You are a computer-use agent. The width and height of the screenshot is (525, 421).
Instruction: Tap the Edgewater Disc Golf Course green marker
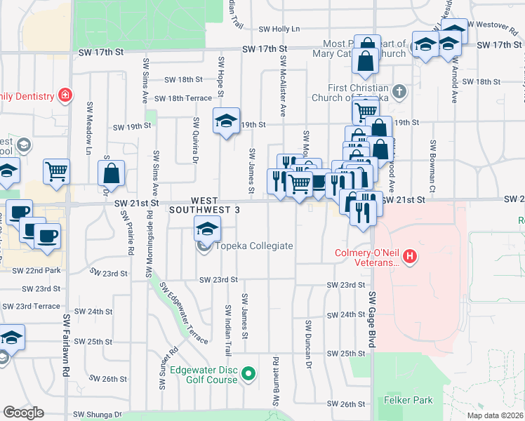248,375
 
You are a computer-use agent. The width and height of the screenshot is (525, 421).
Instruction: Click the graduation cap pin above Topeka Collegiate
207,228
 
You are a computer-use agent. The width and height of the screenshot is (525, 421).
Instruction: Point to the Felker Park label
408,400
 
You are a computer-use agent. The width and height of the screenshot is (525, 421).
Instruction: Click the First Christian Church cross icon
399,91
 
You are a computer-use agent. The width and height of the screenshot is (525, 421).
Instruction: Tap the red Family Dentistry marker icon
65,95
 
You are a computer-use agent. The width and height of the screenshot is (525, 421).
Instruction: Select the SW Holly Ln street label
279,29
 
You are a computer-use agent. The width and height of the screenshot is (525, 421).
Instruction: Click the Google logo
23,413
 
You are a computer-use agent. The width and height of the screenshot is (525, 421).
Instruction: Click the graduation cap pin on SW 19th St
226,121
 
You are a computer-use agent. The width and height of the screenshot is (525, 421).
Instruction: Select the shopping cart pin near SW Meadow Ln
56,171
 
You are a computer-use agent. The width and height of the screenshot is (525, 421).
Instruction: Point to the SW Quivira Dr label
196,139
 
